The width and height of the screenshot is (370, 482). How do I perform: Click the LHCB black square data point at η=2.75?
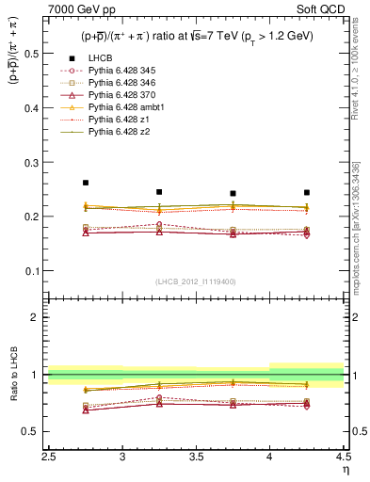[x=86, y=183]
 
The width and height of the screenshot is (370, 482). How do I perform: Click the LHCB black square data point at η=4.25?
[x=307, y=192]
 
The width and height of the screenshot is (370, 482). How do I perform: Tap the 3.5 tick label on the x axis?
[x=197, y=458]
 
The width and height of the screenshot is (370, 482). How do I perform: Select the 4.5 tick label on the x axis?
[x=343, y=458]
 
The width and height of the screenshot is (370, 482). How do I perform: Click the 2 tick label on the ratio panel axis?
[x=39, y=317]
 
